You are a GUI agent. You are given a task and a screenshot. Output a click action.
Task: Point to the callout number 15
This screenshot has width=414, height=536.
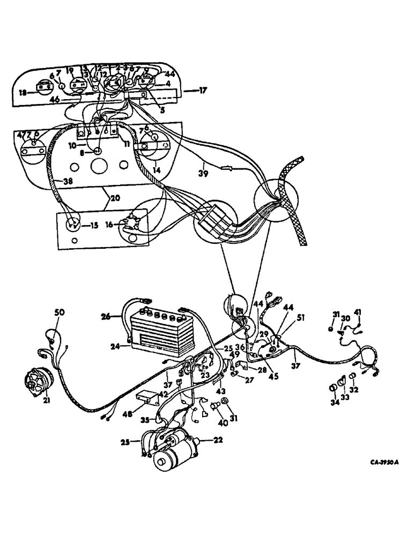pyautogui.click(x=94, y=226)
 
